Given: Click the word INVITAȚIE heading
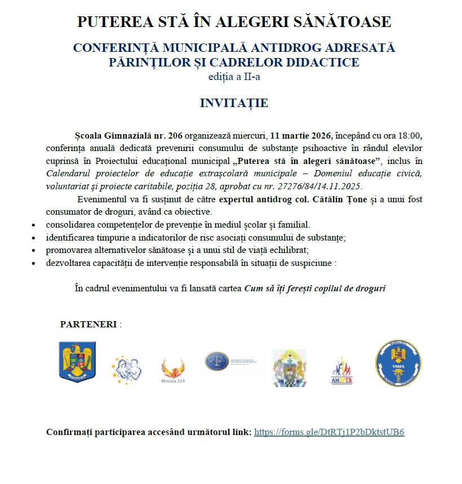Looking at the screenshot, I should click(x=234, y=103).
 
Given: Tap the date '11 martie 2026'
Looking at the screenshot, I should click(x=301, y=136).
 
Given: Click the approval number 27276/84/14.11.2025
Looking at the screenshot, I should click(x=322, y=187).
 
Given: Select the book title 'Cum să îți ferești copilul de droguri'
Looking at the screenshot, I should click(x=315, y=288).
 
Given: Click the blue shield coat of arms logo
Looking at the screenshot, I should click(x=77, y=362).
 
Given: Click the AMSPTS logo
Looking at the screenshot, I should click(x=342, y=372).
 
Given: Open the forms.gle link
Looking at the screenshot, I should click(x=329, y=432).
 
